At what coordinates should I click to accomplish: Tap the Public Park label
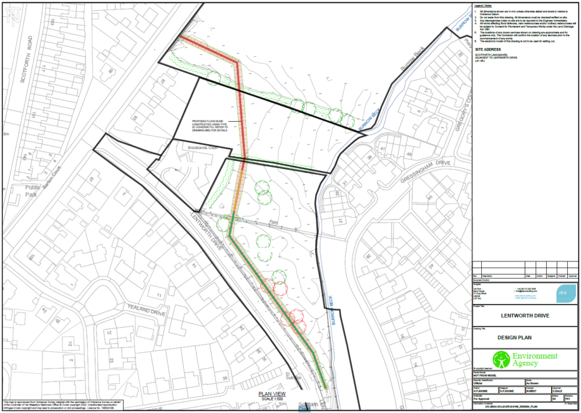click(32, 191)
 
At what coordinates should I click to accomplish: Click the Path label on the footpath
click(273, 222)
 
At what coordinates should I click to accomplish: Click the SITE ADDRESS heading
click(488, 49)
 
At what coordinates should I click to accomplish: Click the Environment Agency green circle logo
click(501, 360)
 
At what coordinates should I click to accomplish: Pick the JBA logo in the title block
click(562, 292)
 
